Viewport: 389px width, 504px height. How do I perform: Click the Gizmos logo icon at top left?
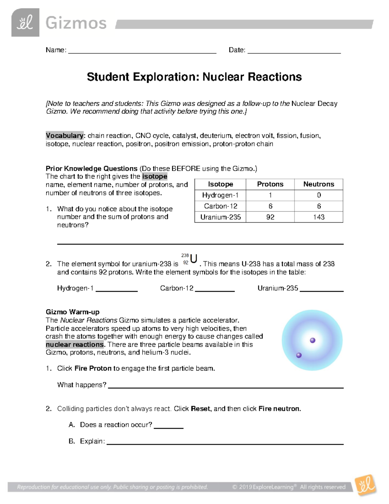pos(25,23)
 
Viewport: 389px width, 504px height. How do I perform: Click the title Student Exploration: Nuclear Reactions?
pos(194,77)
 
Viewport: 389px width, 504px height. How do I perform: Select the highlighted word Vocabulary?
pos(65,136)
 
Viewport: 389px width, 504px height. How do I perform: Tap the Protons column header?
pos(270,184)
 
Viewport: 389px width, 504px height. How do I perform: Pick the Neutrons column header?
pos(318,184)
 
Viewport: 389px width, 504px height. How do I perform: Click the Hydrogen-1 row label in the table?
pos(220,195)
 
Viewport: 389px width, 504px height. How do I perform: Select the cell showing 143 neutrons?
pos(318,217)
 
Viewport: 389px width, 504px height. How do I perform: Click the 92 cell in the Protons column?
pos(270,217)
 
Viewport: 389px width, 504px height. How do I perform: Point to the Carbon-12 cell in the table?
pos(220,206)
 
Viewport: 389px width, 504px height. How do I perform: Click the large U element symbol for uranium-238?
pos(194,259)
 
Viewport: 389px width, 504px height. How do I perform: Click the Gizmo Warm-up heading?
pos(73,312)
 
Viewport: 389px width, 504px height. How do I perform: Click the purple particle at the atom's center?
pos(312,340)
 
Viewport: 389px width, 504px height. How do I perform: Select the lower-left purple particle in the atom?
pos(299,355)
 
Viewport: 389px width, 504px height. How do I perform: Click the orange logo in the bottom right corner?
pos(366,486)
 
